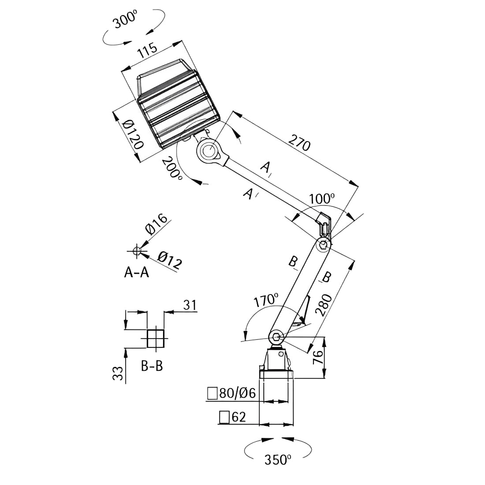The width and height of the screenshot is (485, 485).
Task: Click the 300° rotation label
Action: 126,19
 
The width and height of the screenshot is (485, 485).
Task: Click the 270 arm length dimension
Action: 299,143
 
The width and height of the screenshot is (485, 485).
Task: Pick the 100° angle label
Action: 322,198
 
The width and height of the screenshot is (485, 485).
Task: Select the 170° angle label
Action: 266,300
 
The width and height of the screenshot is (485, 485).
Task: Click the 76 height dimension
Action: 318,357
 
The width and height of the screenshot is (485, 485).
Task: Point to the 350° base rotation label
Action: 278,459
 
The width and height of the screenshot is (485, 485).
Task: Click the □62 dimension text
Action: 233,417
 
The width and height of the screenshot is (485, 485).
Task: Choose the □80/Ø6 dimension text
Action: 232,393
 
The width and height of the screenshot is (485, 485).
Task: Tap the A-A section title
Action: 136,272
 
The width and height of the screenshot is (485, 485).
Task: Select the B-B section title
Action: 152,366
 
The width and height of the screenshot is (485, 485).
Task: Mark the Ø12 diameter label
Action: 169,260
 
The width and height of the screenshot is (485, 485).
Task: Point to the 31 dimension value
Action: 190,305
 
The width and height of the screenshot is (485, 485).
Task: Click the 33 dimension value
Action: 118,373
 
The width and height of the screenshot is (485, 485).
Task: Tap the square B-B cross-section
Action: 155,339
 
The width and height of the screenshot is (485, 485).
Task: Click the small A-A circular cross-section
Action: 136,251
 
